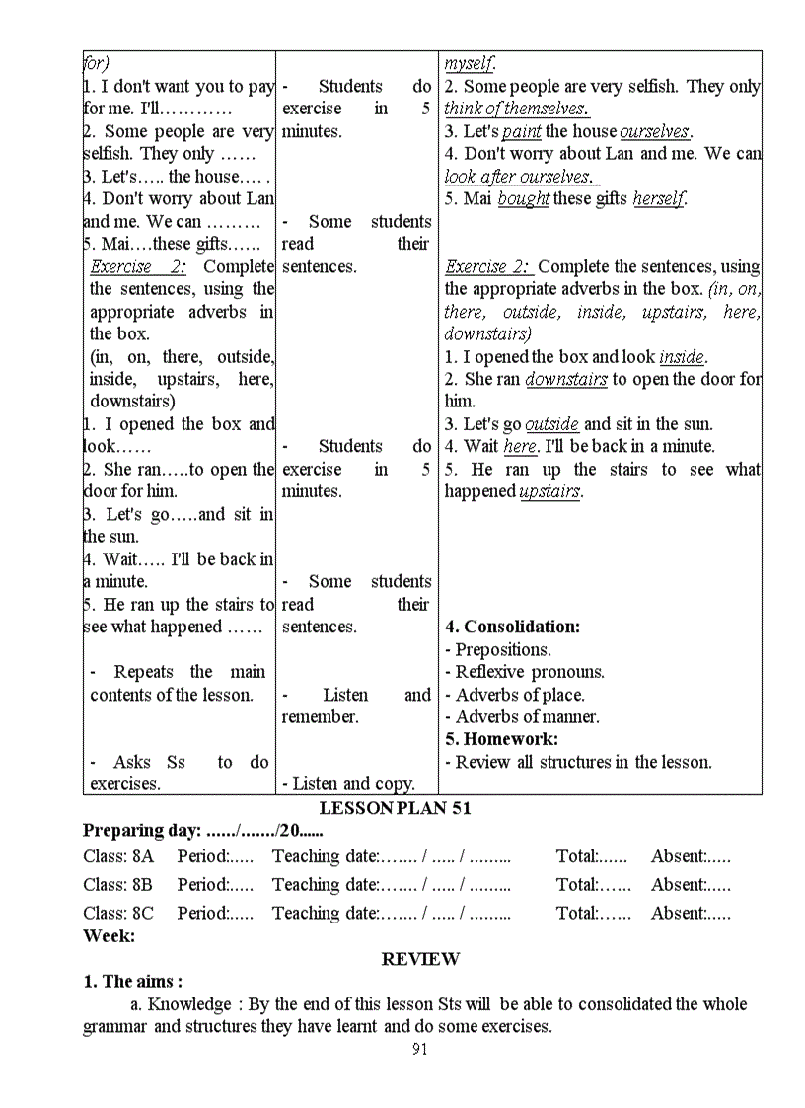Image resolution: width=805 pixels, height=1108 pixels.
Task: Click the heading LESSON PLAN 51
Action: [395, 808]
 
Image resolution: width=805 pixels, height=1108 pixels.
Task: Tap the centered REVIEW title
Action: [420, 958]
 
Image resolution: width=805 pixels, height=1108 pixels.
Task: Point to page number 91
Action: [419, 1049]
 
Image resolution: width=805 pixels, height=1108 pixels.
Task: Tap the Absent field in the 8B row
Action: [691, 885]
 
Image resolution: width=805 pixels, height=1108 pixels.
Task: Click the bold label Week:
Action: [109, 935]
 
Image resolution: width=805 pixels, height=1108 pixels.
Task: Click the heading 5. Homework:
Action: [501, 739]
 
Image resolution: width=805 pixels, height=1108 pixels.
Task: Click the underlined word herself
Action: [658, 199]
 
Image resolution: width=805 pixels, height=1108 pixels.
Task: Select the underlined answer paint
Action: [521, 131]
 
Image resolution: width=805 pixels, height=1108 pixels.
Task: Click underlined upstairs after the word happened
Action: [550, 491]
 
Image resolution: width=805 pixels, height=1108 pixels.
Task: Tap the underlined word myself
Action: [470, 63]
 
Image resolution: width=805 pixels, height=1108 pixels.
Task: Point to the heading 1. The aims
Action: [132, 981]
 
